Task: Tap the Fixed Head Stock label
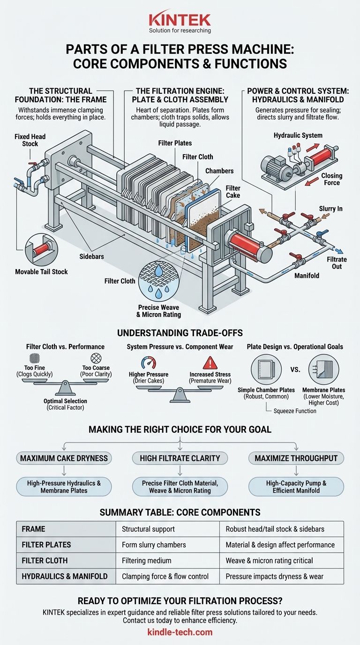tap(30, 140)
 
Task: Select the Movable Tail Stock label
tap(41, 272)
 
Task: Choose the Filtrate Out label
tap(337, 262)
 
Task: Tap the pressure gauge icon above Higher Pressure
tap(149, 363)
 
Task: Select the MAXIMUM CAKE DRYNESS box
tap(64, 458)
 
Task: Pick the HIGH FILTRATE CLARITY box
tap(180, 458)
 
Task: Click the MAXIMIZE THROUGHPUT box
tap(296, 458)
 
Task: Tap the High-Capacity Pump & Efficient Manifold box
tap(296, 487)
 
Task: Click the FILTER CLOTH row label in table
tap(45, 560)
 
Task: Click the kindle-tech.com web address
tap(180, 632)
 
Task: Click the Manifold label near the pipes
tap(307, 276)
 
